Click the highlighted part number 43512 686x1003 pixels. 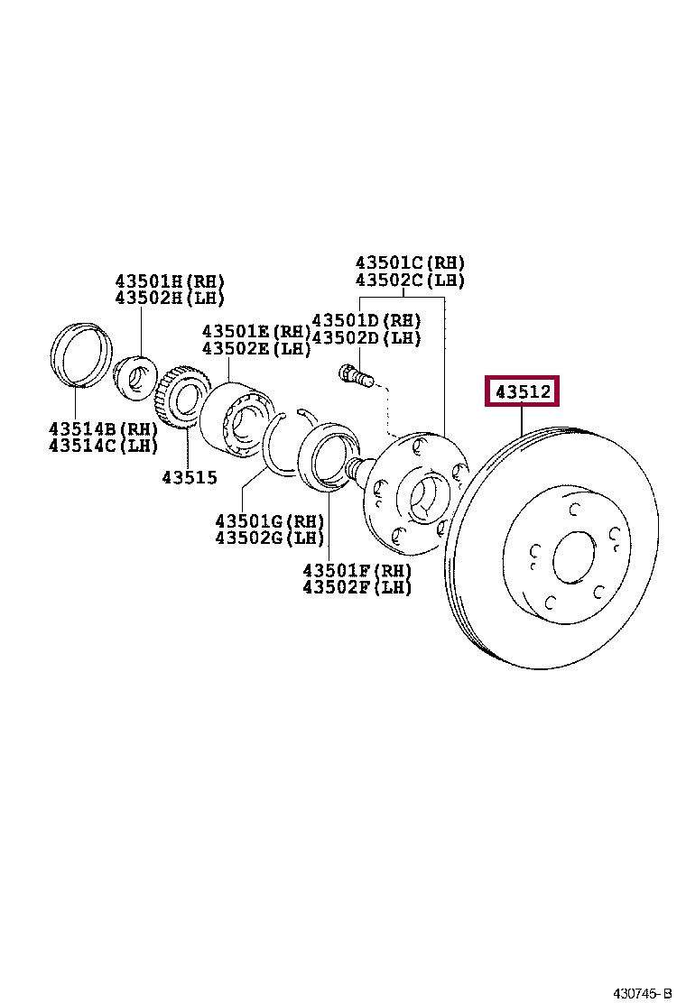[x=523, y=391]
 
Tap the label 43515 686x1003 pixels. [x=190, y=477]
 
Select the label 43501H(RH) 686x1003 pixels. [x=170, y=281]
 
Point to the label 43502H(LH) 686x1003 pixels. [x=170, y=298]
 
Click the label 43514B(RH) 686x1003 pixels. [x=103, y=428]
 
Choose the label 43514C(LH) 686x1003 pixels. [x=103, y=445]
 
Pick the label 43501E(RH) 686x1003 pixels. [x=256, y=331]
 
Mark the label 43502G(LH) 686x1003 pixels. [x=269, y=538]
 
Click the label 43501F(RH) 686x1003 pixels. [x=357, y=570]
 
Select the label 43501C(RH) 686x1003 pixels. [x=410, y=262]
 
